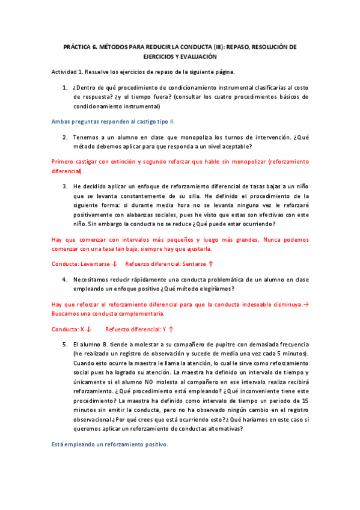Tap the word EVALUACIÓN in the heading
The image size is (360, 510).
(x=197, y=56)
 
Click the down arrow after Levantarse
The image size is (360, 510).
(x=114, y=264)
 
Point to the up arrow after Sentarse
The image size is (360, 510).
(x=211, y=264)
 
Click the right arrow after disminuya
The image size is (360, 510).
(x=305, y=305)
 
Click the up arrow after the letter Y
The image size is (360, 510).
(x=171, y=329)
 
